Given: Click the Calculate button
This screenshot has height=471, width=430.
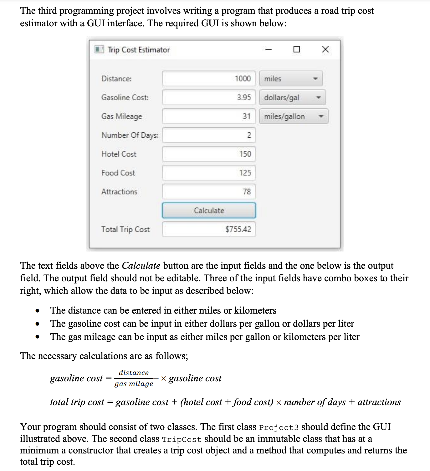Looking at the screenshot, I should [x=209, y=210].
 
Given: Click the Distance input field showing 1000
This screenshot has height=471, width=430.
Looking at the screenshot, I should [x=209, y=78].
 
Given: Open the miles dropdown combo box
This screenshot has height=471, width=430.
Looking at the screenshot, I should [x=291, y=79].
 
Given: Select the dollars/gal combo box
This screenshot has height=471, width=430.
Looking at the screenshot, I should [x=292, y=98].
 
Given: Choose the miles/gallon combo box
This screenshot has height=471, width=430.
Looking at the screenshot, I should [x=294, y=116].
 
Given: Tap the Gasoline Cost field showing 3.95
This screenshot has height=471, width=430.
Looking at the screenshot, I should [x=209, y=98].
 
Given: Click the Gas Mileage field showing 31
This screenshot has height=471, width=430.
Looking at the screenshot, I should [x=209, y=116].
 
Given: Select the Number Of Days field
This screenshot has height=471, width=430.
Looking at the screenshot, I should [x=209, y=135].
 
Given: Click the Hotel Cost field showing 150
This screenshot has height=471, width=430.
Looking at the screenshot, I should [x=209, y=154].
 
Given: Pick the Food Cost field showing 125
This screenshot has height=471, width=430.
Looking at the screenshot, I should [x=209, y=173].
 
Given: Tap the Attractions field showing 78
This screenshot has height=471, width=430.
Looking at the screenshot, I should [x=209, y=192].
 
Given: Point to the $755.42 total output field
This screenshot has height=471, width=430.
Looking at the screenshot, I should [x=209, y=229].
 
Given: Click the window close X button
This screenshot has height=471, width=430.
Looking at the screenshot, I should [x=325, y=49].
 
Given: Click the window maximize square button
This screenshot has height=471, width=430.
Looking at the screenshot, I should [x=296, y=49].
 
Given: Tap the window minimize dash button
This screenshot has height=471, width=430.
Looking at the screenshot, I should [x=268, y=49].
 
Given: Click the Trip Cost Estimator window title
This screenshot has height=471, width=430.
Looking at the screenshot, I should [x=138, y=50].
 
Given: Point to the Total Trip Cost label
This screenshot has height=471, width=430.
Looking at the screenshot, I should [x=125, y=230].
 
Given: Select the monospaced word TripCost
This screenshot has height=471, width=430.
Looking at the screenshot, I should [x=182, y=439].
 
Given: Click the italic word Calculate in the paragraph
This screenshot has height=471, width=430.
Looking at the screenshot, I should [x=141, y=266].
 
